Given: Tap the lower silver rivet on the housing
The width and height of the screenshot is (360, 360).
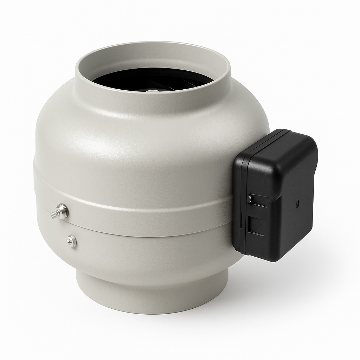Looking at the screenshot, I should (x=71, y=241).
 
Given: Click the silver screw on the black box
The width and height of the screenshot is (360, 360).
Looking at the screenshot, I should (x=250, y=199).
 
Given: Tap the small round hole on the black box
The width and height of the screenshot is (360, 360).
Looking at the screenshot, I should (x=297, y=202).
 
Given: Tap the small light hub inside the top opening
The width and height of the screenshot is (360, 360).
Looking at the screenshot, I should (x=152, y=91).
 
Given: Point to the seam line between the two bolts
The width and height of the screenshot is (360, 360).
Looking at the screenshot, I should (x=67, y=225).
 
